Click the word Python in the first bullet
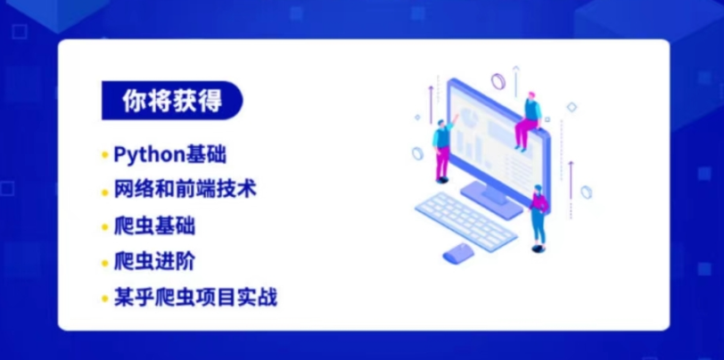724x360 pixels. tap(148, 154)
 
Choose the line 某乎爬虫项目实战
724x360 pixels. tap(195, 297)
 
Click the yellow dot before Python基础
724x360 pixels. tap(104, 155)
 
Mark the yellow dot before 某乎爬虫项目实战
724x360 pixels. tap(104, 298)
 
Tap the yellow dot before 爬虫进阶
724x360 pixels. tap(104, 262)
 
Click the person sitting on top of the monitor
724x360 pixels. tap(529, 119)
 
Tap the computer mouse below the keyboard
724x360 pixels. tap(459, 252)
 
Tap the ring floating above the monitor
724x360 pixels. tap(498, 82)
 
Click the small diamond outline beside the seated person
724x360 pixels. tap(572, 107)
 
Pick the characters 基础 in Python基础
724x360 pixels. tap(206, 154)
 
